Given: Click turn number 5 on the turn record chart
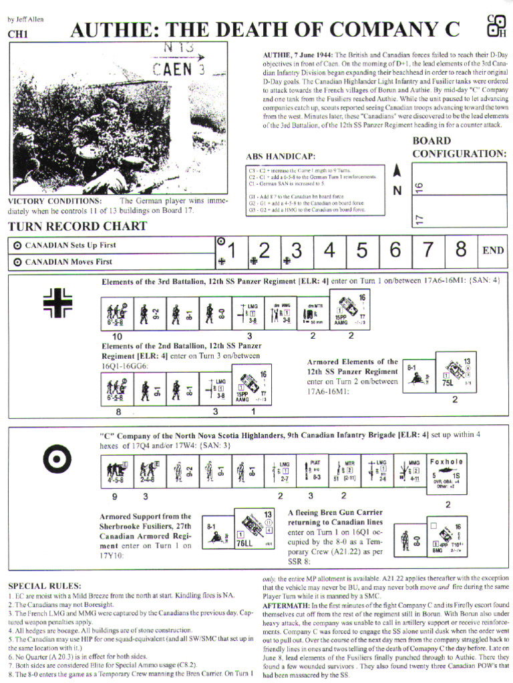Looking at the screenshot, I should (361, 251).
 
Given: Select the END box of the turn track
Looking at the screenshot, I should (493, 251).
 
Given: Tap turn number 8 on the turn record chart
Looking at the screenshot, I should (460, 251).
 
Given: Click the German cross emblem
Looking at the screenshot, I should (57, 302).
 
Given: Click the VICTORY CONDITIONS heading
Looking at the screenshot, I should (55, 201).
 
